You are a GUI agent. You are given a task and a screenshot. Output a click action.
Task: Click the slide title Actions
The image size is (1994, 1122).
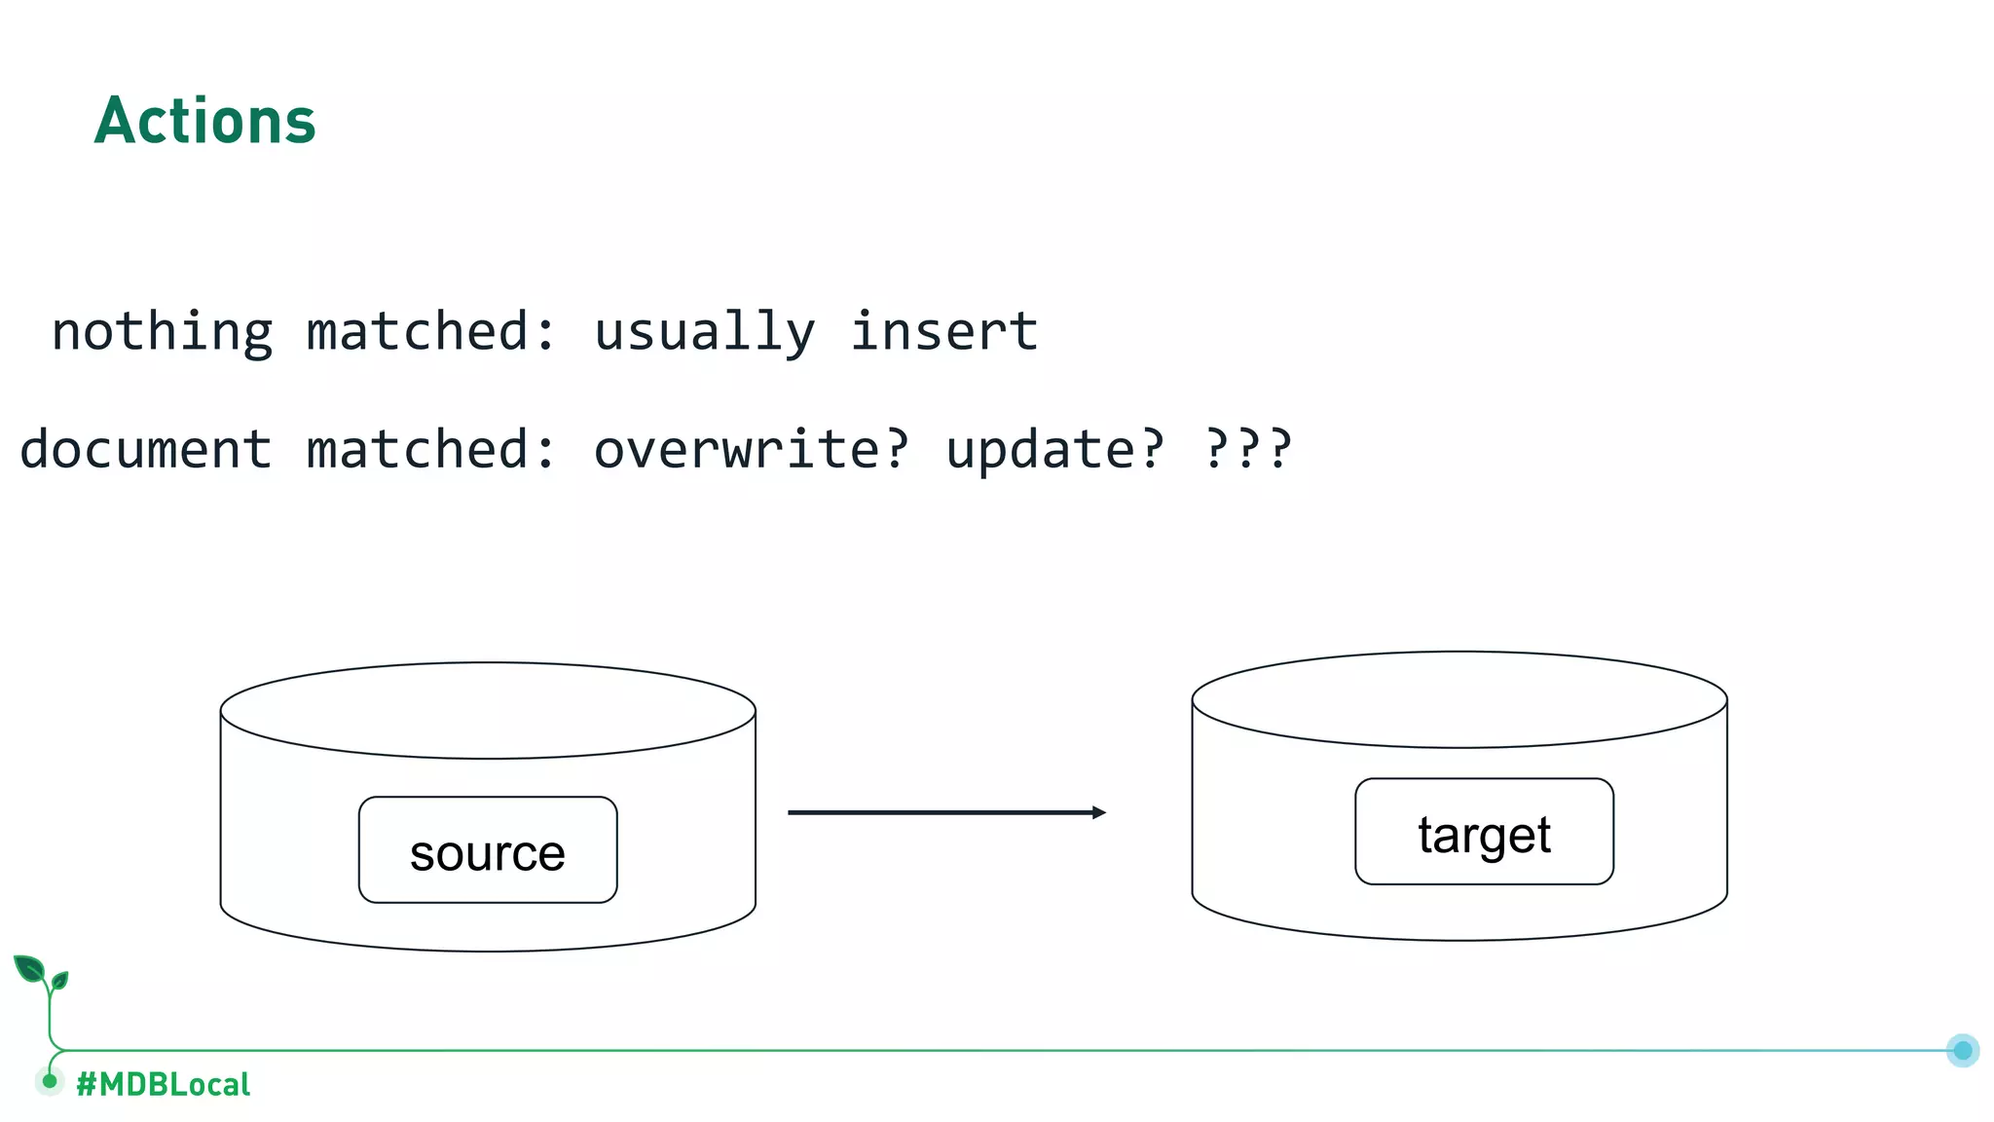(x=205, y=122)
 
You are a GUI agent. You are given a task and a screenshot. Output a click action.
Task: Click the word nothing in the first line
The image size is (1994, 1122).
(x=162, y=332)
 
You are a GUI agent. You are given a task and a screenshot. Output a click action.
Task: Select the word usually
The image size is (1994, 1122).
(x=704, y=332)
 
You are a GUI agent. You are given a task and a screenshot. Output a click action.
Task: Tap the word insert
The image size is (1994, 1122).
(x=943, y=332)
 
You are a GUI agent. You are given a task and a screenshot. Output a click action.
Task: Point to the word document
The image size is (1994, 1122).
(x=145, y=450)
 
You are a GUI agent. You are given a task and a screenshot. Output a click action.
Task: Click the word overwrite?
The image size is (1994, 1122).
(x=751, y=450)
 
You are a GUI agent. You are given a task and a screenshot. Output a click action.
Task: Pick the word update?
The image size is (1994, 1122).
(x=1054, y=450)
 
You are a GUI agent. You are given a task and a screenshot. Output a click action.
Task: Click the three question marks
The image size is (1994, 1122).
(x=1248, y=450)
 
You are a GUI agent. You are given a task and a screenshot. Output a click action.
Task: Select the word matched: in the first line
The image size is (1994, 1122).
(x=431, y=332)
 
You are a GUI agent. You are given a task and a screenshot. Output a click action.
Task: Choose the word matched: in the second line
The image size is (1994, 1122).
(x=431, y=450)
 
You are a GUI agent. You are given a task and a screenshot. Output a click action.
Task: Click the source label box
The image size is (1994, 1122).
(x=488, y=850)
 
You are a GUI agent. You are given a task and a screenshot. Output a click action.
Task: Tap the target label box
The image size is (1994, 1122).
(x=1484, y=832)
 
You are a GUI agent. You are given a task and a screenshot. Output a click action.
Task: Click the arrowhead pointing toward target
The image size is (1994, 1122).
(x=1099, y=812)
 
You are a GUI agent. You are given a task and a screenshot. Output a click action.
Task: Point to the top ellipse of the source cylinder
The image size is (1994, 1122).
(x=488, y=710)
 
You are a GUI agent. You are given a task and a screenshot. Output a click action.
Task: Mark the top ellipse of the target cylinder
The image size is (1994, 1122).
(x=1459, y=699)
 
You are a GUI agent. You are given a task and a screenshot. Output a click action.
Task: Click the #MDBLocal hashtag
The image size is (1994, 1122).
(x=164, y=1084)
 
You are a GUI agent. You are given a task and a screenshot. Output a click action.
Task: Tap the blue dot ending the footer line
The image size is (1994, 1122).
(x=1963, y=1050)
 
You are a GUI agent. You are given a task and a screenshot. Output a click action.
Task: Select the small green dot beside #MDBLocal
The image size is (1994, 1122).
(x=50, y=1081)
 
